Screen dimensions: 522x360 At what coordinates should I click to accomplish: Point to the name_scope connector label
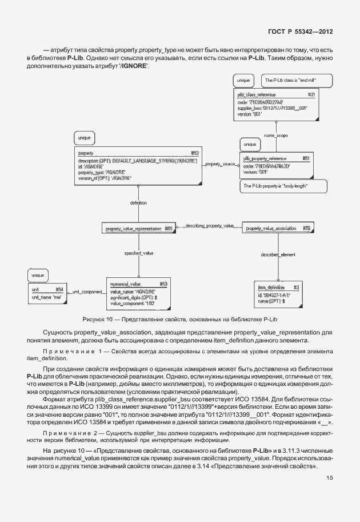pyautogui.click(x=275, y=136)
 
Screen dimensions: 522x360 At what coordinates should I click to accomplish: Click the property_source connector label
pyautogui.click(x=220, y=164)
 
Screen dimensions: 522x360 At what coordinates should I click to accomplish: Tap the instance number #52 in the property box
pyautogui.click(x=194, y=153)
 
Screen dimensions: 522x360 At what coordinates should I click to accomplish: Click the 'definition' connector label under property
pyautogui.click(x=138, y=202)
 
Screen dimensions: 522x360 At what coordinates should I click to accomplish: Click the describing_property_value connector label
pyautogui.click(x=209, y=226)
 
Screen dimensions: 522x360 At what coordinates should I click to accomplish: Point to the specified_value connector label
pyautogui.click(x=138, y=252)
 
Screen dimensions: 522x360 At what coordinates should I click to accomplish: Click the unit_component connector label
pyautogui.click(x=86, y=292)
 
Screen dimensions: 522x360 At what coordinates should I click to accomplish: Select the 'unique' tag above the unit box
pyautogui.click(x=38, y=276)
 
